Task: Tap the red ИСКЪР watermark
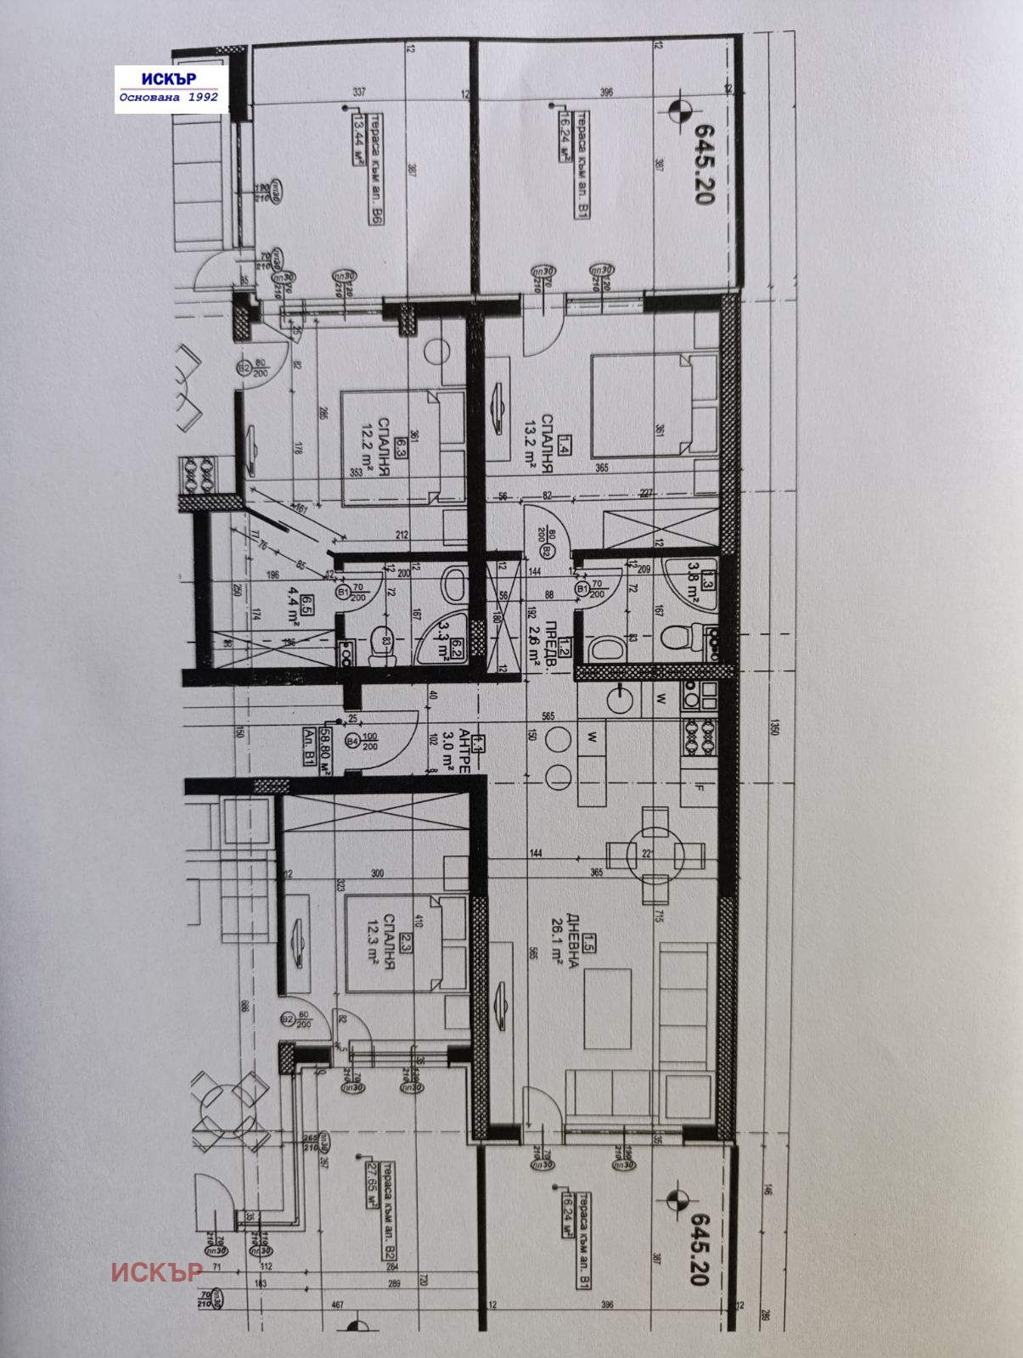[x=156, y=1271]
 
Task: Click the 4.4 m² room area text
[x=293, y=591]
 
